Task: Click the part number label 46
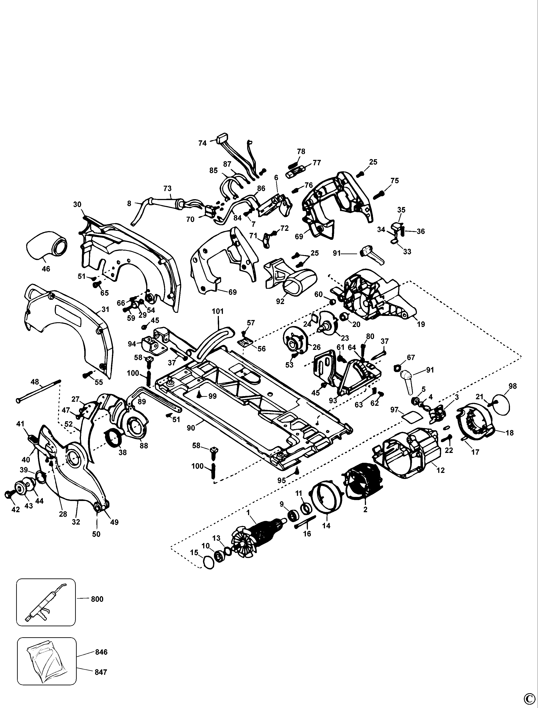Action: click(46, 269)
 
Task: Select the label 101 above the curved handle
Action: click(218, 311)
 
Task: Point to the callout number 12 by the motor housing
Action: click(441, 470)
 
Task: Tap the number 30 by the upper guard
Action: click(77, 204)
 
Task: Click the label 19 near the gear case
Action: click(421, 324)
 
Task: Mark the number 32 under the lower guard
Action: click(76, 522)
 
